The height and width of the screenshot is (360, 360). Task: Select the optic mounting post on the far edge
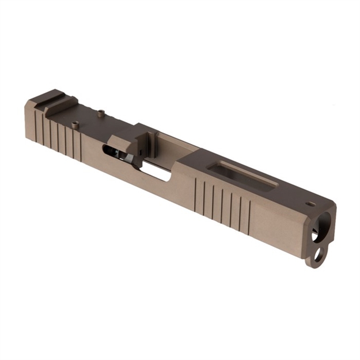(101, 112)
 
